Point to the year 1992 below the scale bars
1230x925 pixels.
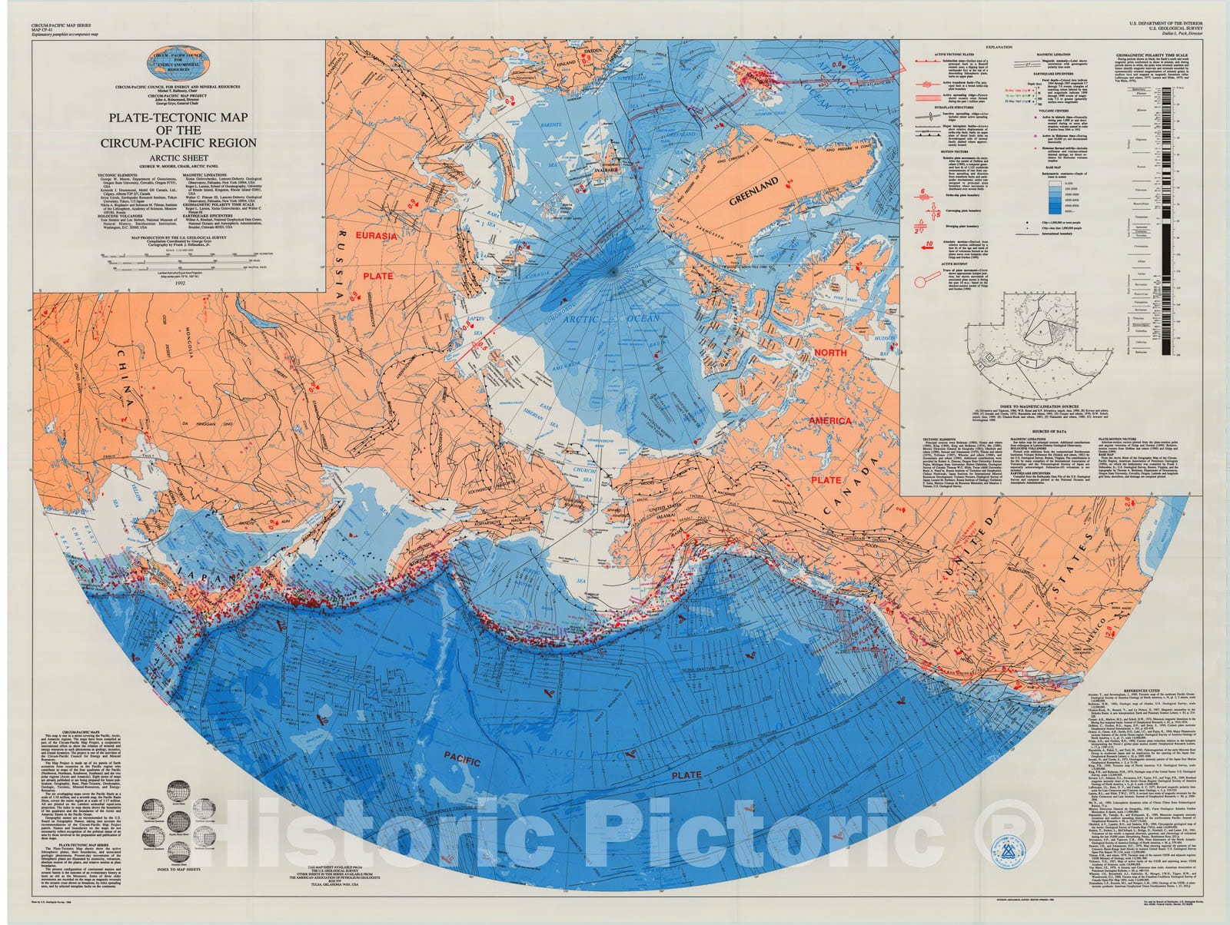click(180, 283)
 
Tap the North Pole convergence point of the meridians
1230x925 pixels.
click(617, 271)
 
